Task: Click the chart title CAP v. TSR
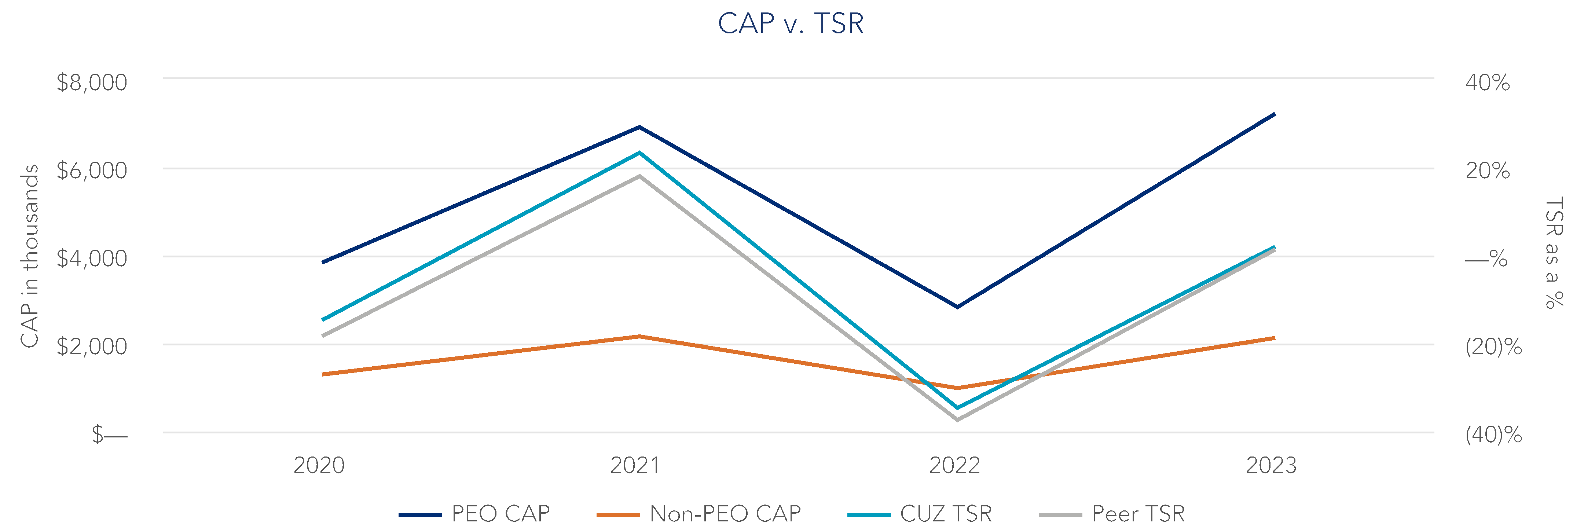click(x=791, y=23)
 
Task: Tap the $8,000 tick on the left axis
click(x=92, y=82)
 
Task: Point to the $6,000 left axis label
click(x=92, y=170)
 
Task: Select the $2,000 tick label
click(x=92, y=346)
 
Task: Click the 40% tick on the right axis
click(x=1488, y=82)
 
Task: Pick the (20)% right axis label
click(x=1493, y=346)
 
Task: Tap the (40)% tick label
click(x=1493, y=434)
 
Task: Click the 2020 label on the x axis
click(x=319, y=465)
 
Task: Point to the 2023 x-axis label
click(x=1271, y=465)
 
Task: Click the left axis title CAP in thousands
click(x=29, y=256)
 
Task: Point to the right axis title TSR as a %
click(x=1553, y=252)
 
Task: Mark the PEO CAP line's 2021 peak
click(x=639, y=127)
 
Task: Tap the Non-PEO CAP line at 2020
click(x=323, y=374)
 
